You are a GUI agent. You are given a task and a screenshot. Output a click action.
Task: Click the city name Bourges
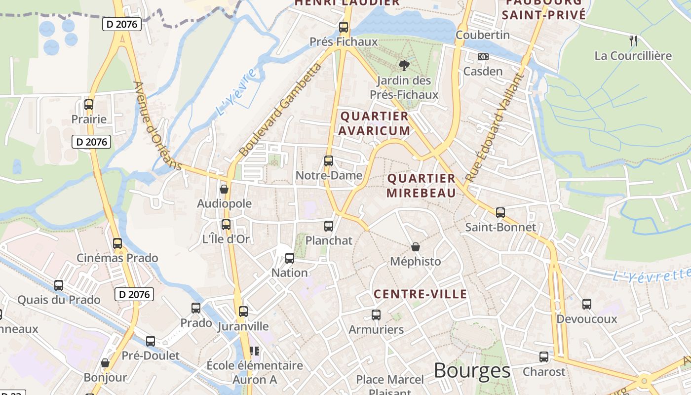click(x=472, y=370)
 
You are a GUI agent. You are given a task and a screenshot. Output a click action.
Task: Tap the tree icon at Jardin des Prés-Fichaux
click(x=404, y=65)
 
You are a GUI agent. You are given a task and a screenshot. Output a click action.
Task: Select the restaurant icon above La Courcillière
click(x=633, y=40)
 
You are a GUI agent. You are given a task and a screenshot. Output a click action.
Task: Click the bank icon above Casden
click(x=483, y=57)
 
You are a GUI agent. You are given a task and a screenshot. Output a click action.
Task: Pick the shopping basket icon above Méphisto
click(x=416, y=246)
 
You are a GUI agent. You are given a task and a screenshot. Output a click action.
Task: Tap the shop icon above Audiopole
click(x=224, y=189)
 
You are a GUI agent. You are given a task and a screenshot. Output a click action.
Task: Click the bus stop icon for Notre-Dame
click(x=328, y=160)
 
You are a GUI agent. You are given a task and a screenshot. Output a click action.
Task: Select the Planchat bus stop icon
click(x=329, y=226)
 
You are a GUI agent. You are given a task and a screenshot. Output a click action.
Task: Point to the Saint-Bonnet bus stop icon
click(x=500, y=213)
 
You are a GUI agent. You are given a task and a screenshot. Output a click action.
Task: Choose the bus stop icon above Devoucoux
click(x=586, y=304)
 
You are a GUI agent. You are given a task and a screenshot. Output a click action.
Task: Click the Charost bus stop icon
click(x=543, y=356)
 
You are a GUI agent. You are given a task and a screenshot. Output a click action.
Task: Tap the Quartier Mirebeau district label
click(x=421, y=186)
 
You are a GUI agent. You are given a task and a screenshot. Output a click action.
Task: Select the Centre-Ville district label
click(x=420, y=294)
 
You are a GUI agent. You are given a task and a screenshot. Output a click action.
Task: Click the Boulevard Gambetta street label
click(x=279, y=110)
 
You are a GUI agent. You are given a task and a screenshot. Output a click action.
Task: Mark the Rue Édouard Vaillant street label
click(x=494, y=127)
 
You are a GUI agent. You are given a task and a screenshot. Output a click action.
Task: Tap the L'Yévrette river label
click(x=651, y=275)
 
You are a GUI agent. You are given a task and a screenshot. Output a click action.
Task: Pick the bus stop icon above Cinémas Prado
click(x=117, y=243)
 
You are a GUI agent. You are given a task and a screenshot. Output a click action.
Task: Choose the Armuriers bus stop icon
click(x=376, y=315)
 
